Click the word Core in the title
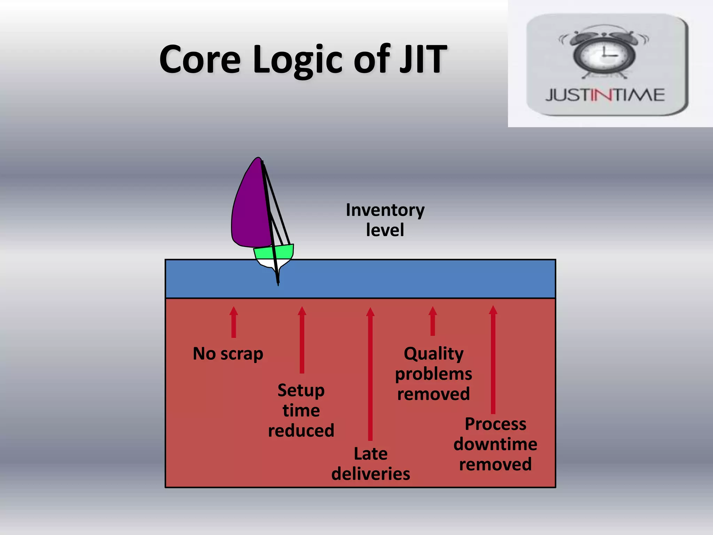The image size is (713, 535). click(x=200, y=60)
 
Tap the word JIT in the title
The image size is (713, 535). click(x=423, y=60)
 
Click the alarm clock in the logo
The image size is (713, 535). click(x=604, y=52)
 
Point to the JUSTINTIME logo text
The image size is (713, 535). click(x=605, y=95)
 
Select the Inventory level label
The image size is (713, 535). click(x=385, y=220)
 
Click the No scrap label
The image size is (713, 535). click(x=228, y=354)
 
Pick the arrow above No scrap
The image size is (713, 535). click(x=234, y=322)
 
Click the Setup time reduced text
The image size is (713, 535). click(x=301, y=410)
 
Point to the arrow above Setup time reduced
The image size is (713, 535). click(x=302, y=340)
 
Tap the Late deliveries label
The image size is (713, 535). click(x=370, y=464)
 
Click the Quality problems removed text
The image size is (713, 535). click(x=433, y=374)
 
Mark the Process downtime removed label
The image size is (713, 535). click(x=495, y=444)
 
